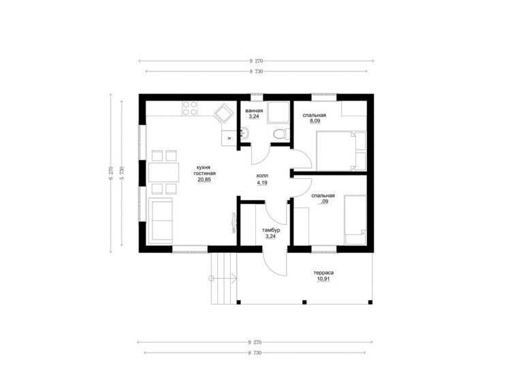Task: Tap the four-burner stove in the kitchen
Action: click(190, 108)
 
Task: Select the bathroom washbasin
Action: click(244, 133)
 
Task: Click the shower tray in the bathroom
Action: click(278, 113)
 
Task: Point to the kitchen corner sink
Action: click(224, 114)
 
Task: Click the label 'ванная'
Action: click(254, 111)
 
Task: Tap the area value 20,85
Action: click(204, 180)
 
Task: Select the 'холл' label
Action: click(261, 175)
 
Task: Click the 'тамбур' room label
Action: click(271, 230)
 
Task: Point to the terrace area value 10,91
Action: click(323, 279)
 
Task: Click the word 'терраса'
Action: click(323, 273)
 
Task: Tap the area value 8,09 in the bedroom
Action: click(315, 121)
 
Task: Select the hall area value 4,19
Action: click(261, 183)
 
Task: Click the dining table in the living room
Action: click(163, 172)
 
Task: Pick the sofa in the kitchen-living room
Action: click(161, 220)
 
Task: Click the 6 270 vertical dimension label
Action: click(111, 173)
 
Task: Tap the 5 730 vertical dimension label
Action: click(122, 173)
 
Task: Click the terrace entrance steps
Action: click(224, 278)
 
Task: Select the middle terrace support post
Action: click(304, 302)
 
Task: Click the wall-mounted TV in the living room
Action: click(232, 223)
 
